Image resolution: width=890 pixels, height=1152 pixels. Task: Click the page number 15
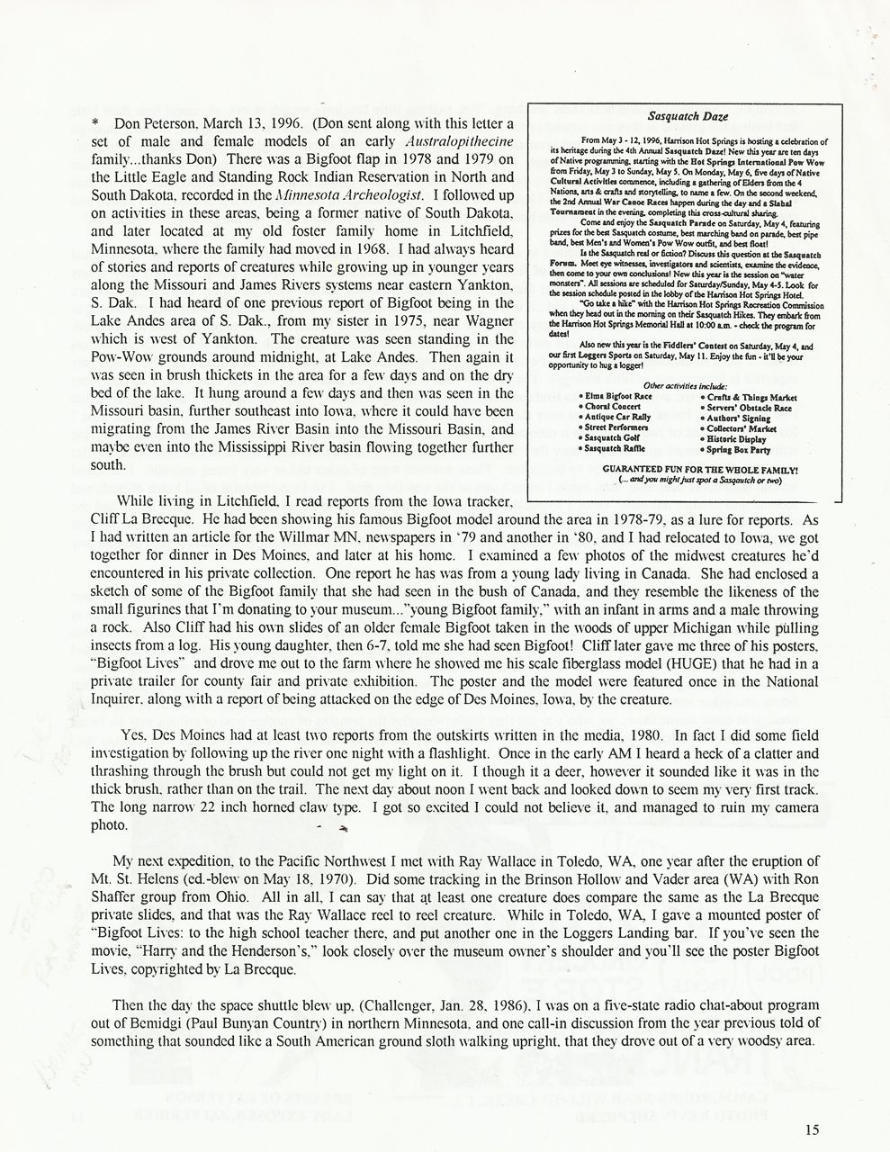[814, 1132]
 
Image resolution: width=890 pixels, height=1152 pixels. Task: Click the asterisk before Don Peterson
[95, 122]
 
